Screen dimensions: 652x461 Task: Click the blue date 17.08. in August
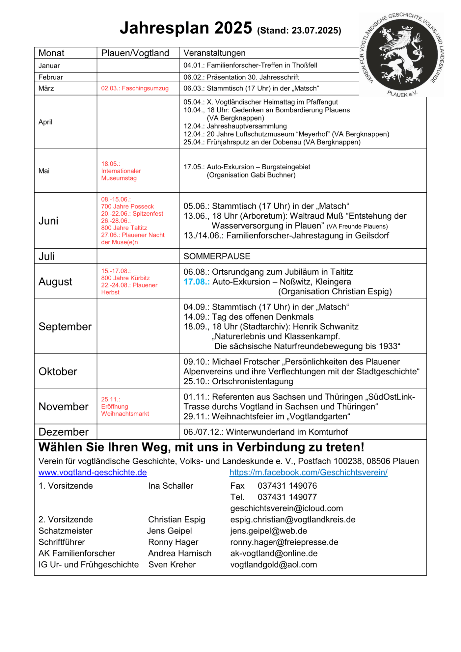[196, 282]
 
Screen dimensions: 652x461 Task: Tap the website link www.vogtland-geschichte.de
[93, 472]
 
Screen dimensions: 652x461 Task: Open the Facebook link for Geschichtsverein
[308, 472]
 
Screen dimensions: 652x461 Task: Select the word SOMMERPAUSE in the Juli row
[217, 256]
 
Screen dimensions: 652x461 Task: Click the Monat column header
[51, 53]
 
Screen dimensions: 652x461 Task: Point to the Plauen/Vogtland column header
[135, 53]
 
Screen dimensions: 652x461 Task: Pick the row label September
[65, 327]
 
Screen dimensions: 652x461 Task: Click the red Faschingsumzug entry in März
[135, 88]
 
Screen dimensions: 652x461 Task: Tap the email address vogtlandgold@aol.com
[273, 564]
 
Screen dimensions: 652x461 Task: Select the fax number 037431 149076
[287, 486]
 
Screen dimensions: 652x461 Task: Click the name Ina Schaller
[171, 486]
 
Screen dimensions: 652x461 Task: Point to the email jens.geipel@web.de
[268, 531]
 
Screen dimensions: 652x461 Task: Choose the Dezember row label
[64, 432]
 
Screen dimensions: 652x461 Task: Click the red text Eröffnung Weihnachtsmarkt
[125, 410]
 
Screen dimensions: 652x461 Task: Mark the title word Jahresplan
[164, 28]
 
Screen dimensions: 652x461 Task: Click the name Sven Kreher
[172, 564]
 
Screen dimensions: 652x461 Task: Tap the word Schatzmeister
[66, 531]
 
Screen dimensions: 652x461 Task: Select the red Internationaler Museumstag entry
[121, 175]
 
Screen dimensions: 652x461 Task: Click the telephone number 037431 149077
[287, 497]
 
